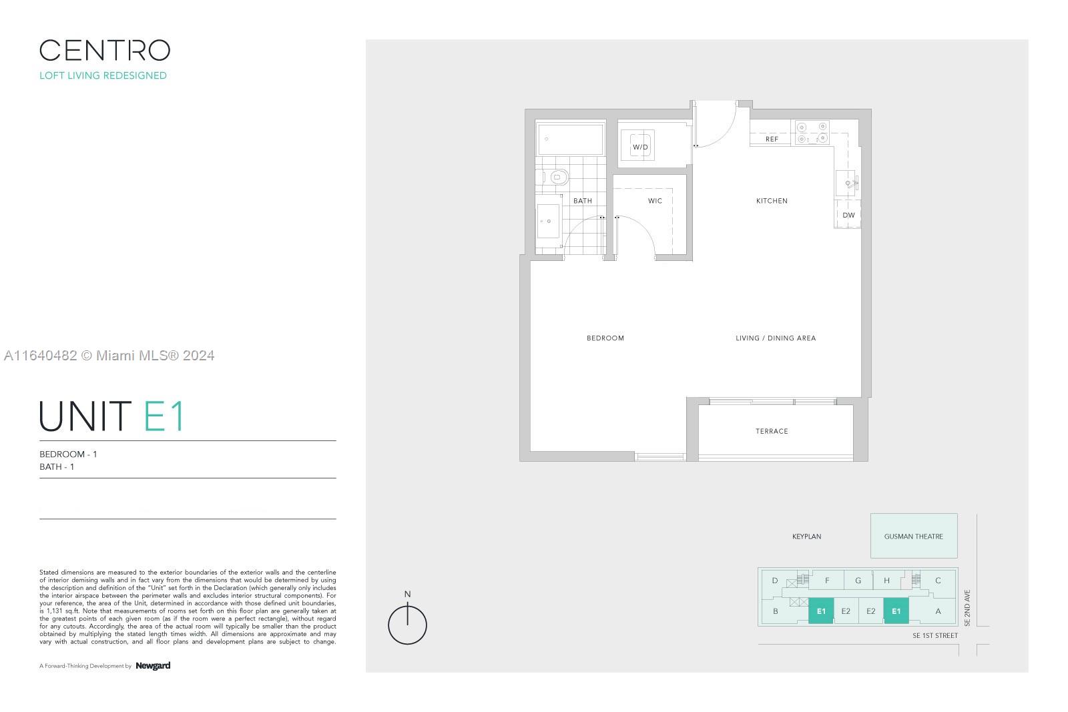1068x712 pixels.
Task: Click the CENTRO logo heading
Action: point(105,50)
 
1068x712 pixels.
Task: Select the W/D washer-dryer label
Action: point(640,147)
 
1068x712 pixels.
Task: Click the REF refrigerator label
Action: point(772,139)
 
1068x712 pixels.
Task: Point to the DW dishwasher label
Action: point(848,215)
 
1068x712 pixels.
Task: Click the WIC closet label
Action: point(655,201)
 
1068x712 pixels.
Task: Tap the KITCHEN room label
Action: point(772,201)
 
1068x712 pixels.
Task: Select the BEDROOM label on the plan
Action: point(605,338)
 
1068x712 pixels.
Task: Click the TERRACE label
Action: point(772,431)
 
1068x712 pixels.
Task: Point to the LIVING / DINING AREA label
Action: point(775,338)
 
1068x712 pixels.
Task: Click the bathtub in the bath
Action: point(571,139)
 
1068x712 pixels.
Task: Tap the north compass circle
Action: point(407,625)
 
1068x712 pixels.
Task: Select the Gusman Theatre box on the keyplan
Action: point(914,536)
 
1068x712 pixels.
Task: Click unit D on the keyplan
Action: point(775,581)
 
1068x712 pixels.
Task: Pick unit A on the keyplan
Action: point(938,611)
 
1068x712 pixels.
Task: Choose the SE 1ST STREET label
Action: point(935,635)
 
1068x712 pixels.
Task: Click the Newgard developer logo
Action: point(153,666)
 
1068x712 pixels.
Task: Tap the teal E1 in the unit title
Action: point(164,416)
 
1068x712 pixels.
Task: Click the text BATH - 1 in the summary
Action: point(57,466)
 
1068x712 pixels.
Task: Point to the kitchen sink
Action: point(846,183)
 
